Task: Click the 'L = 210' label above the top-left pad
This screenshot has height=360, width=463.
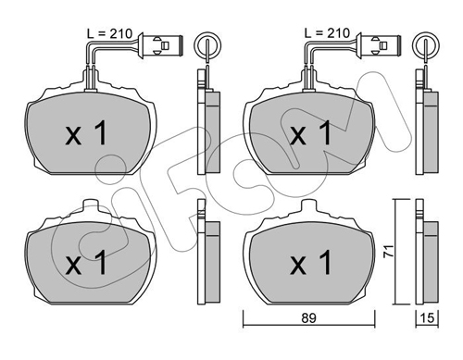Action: [x=109, y=33]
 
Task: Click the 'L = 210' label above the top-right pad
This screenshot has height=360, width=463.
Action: [x=327, y=32]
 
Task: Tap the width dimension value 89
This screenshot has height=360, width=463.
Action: [x=308, y=318]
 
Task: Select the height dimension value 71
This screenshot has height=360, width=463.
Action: [x=389, y=251]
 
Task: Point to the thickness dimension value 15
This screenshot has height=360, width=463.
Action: [x=427, y=318]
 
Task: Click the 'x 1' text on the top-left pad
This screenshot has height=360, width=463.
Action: [x=86, y=133]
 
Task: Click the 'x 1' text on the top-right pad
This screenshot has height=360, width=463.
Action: [x=310, y=133]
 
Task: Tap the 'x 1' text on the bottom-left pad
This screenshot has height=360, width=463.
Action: [x=86, y=263]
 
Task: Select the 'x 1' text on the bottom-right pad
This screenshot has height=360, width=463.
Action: [x=310, y=263]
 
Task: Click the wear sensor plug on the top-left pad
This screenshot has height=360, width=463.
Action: [x=161, y=45]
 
